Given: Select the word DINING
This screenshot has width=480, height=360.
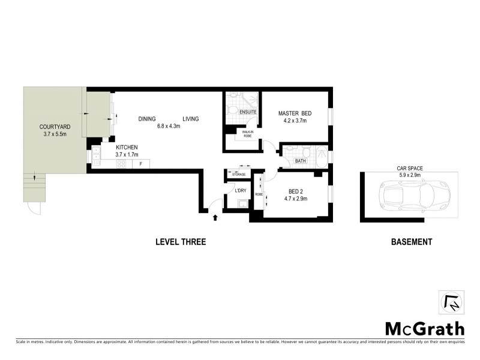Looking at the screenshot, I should coord(147,119).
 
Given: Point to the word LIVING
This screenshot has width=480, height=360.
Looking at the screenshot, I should coord(191,119).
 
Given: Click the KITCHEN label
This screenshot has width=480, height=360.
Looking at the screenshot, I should coord(127,147).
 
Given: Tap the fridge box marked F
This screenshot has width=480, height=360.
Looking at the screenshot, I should coord(140,163).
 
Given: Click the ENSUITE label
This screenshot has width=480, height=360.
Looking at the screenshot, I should coord(248,112).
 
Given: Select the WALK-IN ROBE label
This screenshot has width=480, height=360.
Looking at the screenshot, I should coord(247,134).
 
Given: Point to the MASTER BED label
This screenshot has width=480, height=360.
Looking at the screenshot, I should coord(295,113).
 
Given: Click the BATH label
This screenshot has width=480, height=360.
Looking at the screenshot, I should coord(301,160).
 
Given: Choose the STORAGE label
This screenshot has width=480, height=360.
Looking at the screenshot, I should coord(239,175).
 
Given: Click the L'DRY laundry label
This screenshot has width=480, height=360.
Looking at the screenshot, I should coord(241,190).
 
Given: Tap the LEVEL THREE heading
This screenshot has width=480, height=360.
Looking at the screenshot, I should coord(181,242).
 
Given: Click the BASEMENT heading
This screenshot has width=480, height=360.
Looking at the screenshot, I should coord(411,242).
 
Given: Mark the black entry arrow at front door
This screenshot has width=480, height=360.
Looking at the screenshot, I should coord(214,209).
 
